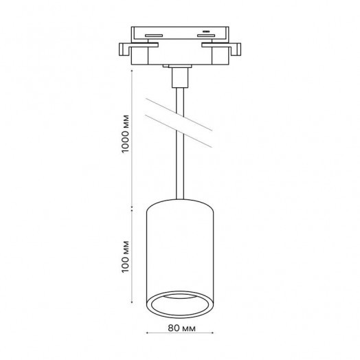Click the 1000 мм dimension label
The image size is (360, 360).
126,133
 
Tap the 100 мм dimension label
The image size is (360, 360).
126,257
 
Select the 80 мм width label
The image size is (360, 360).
182,328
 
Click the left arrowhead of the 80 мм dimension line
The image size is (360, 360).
147,333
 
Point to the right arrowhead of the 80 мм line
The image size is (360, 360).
212,333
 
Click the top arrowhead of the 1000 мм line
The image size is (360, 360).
132,71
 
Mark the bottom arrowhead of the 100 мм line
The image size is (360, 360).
132,302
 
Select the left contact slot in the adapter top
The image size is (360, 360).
154,36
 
